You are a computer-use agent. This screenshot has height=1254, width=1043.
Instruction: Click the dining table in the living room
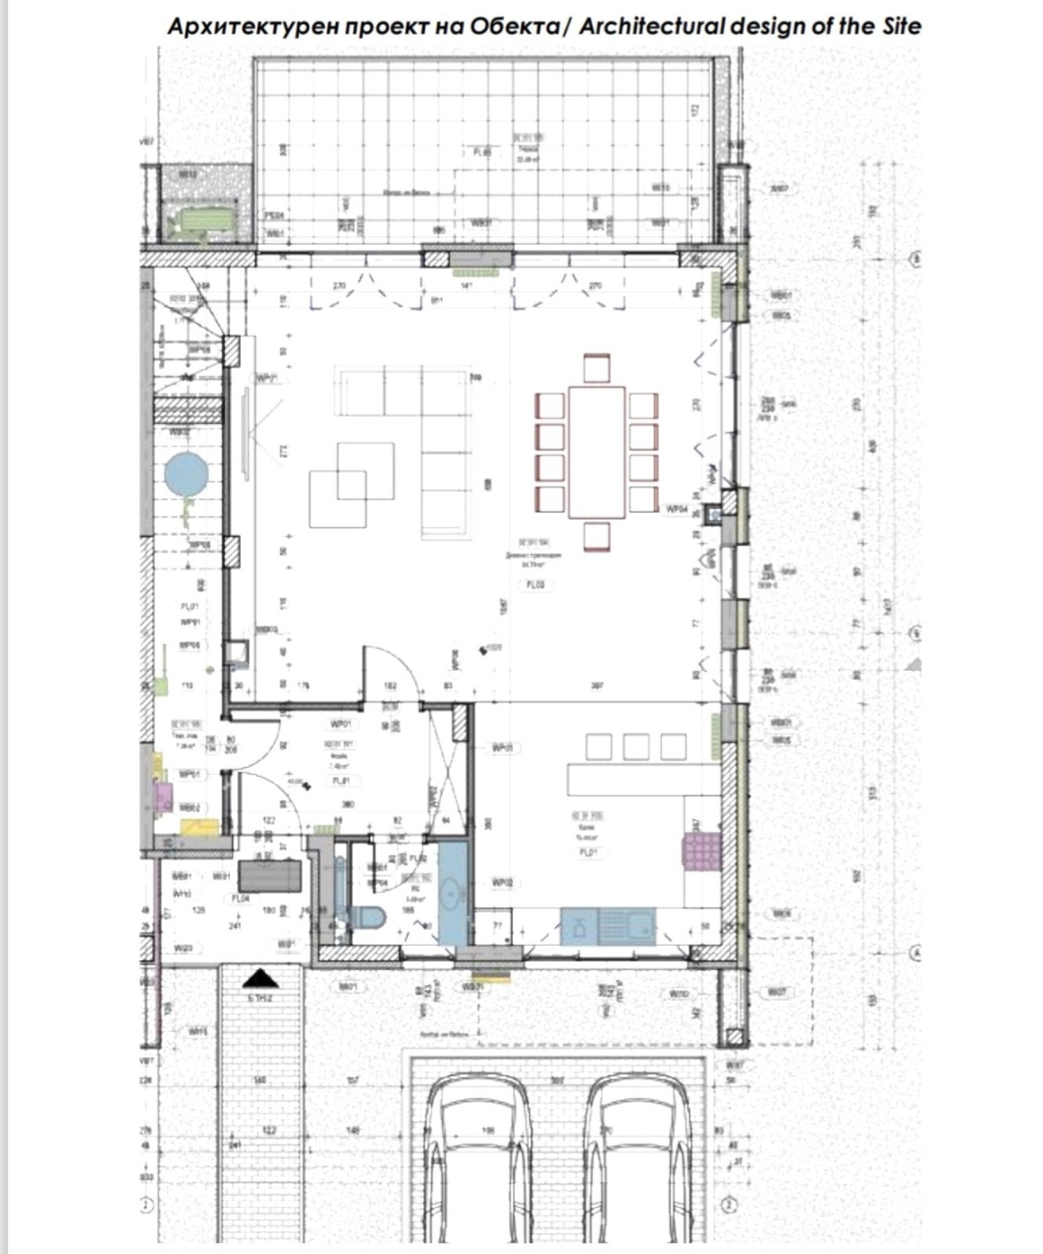pyautogui.click(x=597, y=452)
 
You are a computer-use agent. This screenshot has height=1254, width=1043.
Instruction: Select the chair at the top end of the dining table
pyautogui.click(x=597, y=368)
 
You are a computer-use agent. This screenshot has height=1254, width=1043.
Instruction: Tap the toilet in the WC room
pyautogui.click(x=366, y=916)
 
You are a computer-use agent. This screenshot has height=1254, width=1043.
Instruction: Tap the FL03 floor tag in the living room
pyautogui.click(x=535, y=585)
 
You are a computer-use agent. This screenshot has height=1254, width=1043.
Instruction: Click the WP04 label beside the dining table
pyautogui.click(x=676, y=509)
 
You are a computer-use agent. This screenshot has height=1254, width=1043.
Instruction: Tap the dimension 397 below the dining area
pyautogui.click(x=596, y=687)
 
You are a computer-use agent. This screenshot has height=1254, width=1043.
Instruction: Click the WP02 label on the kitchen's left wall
pyautogui.click(x=503, y=883)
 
